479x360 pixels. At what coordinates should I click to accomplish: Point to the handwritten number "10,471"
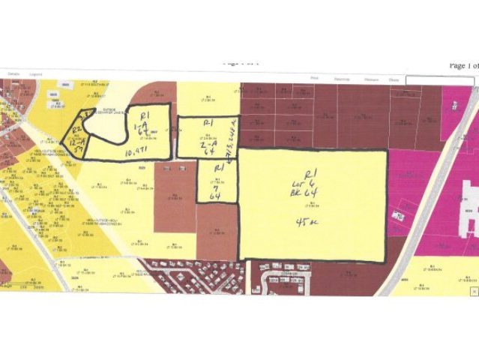122,151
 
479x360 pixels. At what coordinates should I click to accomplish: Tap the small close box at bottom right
472,288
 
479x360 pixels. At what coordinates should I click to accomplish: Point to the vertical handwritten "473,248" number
233,138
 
